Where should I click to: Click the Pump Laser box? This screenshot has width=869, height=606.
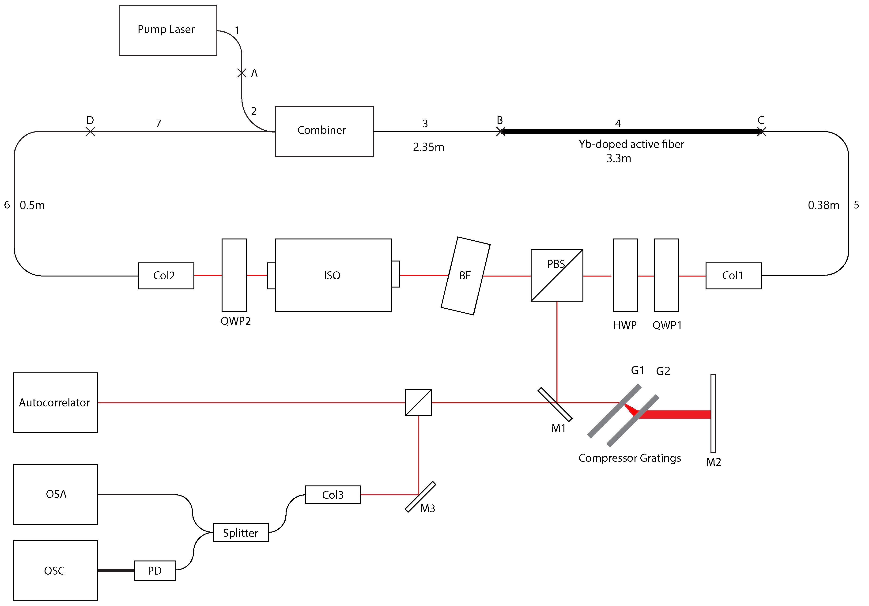(168, 31)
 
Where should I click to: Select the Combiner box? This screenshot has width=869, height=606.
(324, 131)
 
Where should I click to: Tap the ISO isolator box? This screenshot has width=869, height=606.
(333, 275)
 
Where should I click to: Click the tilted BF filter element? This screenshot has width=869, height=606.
(465, 276)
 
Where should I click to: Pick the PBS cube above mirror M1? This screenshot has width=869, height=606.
(557, 275)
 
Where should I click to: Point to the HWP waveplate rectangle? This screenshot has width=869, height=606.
(625, 275)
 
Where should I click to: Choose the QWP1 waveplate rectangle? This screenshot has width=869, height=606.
(666, 275)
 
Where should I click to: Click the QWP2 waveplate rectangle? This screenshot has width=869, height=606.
(234, 275)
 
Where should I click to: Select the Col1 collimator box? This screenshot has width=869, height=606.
(733, 276)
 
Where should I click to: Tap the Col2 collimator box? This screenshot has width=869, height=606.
(166, 276)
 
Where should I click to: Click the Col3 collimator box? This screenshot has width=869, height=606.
(333, 495)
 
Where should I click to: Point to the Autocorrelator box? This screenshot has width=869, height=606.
(56, 402)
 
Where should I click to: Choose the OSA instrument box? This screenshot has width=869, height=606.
(56, 494)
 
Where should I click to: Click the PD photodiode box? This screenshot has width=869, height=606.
(155, 570)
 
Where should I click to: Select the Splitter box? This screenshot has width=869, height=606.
(241, 533)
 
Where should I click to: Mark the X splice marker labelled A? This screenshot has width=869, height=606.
(242, 73)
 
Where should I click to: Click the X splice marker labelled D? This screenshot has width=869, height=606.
(90, 132)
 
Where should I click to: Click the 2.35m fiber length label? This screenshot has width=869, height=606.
(428, 147)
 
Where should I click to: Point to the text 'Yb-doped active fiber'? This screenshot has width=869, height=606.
(631, 144)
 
